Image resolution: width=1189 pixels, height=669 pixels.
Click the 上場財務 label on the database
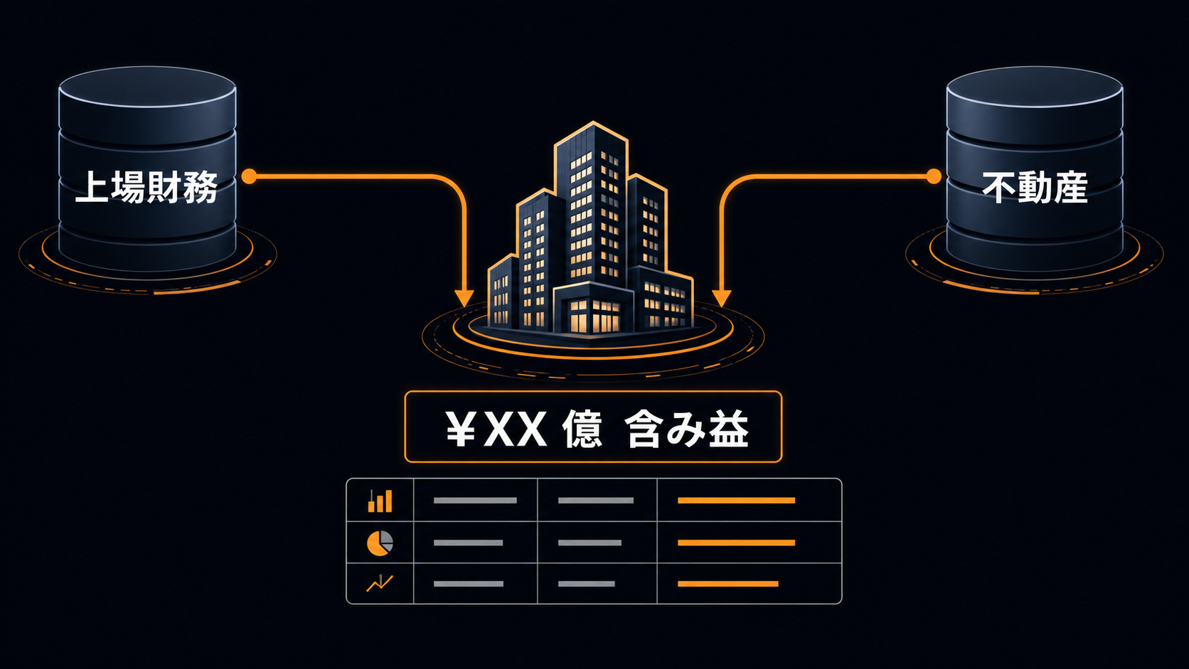coord(146,187)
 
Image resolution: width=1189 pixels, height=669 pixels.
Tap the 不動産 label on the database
coord(1035,187)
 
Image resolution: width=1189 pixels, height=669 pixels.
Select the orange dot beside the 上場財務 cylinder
coord(249,176)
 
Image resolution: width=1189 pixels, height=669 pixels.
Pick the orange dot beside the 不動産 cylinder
coord(934,176)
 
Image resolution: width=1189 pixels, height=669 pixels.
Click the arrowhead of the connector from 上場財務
coord(464,298)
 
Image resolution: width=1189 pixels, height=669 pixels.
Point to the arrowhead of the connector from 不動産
coord(722,298)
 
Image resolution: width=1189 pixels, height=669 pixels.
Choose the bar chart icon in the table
coord(380,501)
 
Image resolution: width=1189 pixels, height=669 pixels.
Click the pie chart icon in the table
coord(380,542)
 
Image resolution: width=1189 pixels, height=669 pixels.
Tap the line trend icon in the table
coord(380,583)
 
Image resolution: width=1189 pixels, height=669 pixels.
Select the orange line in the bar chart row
coord(736,501)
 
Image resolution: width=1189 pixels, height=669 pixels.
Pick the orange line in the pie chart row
coord(736,542)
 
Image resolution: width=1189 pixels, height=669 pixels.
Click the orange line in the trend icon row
coord(727,584)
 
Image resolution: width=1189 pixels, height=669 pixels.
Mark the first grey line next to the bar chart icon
coord(475,501)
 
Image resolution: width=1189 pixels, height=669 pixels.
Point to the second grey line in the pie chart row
coord(590,542)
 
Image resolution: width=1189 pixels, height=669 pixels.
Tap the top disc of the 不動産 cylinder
coord(1035,87)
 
